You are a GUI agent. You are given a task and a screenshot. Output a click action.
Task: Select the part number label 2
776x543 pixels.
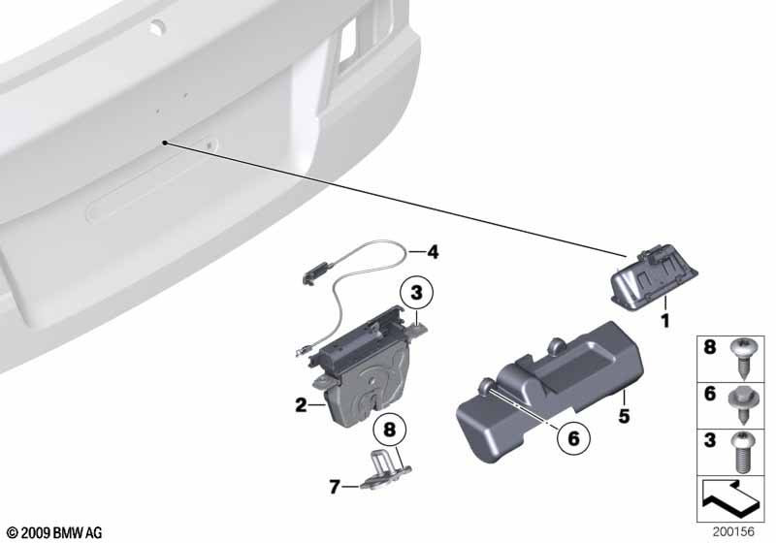[301, 404]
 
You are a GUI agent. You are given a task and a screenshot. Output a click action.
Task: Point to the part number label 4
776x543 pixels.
[433, 253]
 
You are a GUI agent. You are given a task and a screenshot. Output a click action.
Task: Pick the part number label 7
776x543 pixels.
[334, 487]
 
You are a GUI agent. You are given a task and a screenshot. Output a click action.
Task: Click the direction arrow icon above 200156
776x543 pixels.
[729, 499]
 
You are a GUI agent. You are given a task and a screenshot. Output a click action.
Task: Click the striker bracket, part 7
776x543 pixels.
[385, 472]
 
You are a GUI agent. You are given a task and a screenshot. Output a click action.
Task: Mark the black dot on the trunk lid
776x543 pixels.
[167, 143]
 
